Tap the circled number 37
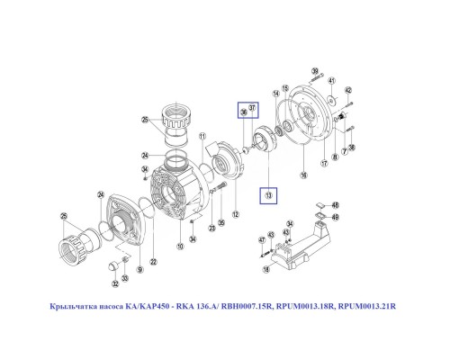coord(254,109)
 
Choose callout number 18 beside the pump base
coord(265,269)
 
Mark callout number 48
coord(336,205)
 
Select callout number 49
coord(336,217)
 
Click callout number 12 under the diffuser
coord(235,214)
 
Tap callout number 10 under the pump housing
coord(179,246)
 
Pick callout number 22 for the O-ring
coord(153,262)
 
